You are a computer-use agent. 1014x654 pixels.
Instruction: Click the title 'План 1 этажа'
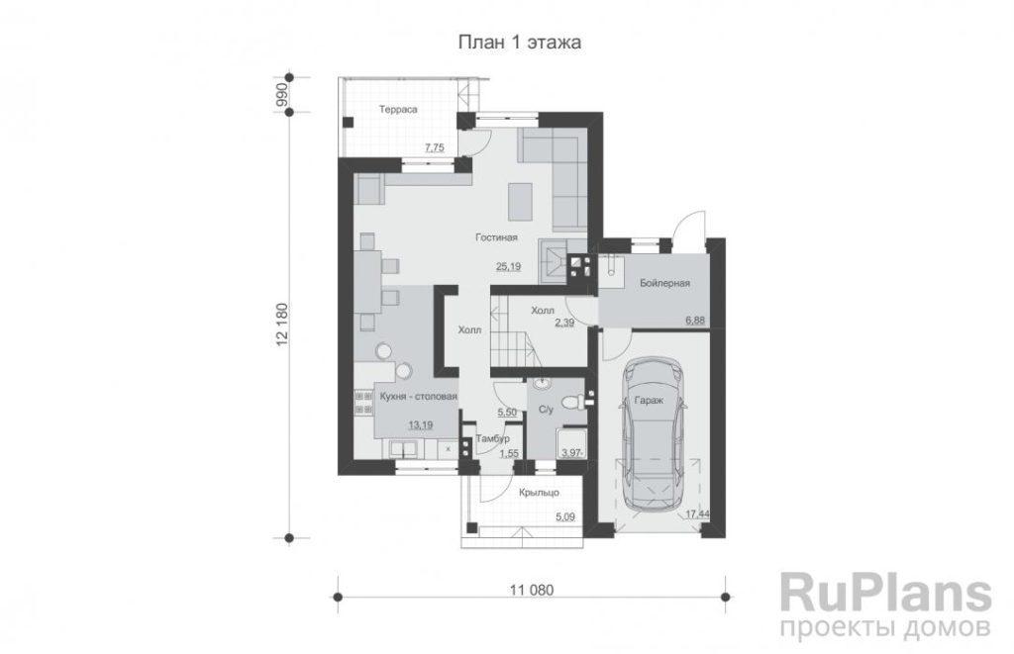point(519,43)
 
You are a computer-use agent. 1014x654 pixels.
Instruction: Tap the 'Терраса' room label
point(398,109)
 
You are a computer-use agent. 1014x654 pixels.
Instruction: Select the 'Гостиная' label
point(497,237)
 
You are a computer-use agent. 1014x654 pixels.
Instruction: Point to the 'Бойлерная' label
point(664,283)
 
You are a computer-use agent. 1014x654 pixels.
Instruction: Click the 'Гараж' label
point(649,401)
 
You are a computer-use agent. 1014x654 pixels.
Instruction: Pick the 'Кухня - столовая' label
point(419,396)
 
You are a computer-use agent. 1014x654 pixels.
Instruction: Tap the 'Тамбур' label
point(493,438)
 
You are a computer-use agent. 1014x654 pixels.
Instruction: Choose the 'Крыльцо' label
point(540,493)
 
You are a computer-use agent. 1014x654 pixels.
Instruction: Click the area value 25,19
point(508,265)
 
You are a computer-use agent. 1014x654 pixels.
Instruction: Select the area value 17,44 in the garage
point(696,514)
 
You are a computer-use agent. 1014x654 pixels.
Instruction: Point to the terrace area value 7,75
point(434,148)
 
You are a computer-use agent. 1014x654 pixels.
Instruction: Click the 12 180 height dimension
point(281,326)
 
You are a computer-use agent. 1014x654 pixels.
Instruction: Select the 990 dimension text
point(281,94)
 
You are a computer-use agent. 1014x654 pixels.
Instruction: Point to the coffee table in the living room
point(520,201)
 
